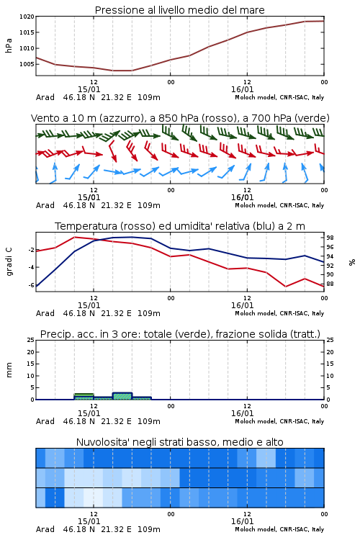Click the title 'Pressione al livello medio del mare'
pyautogui.click(x=179, y=10)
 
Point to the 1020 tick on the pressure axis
pyautogui.click(x=27, y=17)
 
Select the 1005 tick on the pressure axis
pyautogui.click(x=27, y=64)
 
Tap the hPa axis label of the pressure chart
pyautogui.click(x=9, y=45)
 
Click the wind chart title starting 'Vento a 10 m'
pyautogui.click(x=180, y=118)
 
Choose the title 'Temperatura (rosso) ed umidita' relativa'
pyautogui.click(x=180, y=226)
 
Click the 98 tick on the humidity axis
pyautogui.click(x=330, y=238)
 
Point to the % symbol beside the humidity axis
pyautogui.click(x=352, y=262)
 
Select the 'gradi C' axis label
pyautogui.click(x=9, y=262)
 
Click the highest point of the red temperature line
pyautogui.click(x=74, y=237)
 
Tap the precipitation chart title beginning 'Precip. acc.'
pyautogui.click(x=180, y=334)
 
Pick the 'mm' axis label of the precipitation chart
pyautogui.click(x=9, y=370)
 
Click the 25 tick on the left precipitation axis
pyautogui.click(x=31, y=340)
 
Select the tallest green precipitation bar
pyautogui.click(x=122, y=396)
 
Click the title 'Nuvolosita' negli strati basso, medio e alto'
pyautogui.click(x=179, y=442)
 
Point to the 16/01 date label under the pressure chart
pyautogui.click(x=242, y=89)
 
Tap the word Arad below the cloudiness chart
pyautogui.click(x=45, y=529)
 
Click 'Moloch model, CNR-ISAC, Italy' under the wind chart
pyautogui.click(x=279, y=205)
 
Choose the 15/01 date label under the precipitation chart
pyautogui.click(x=89, y=413)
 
